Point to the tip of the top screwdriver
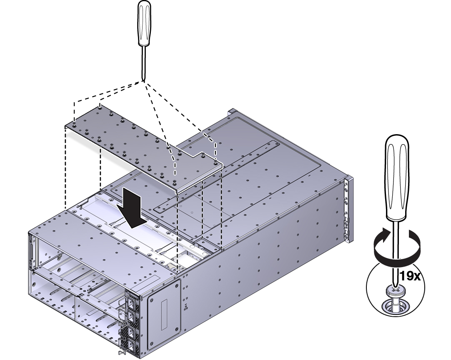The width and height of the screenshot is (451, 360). (143, 80)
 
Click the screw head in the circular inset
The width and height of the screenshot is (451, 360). (395, 291)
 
